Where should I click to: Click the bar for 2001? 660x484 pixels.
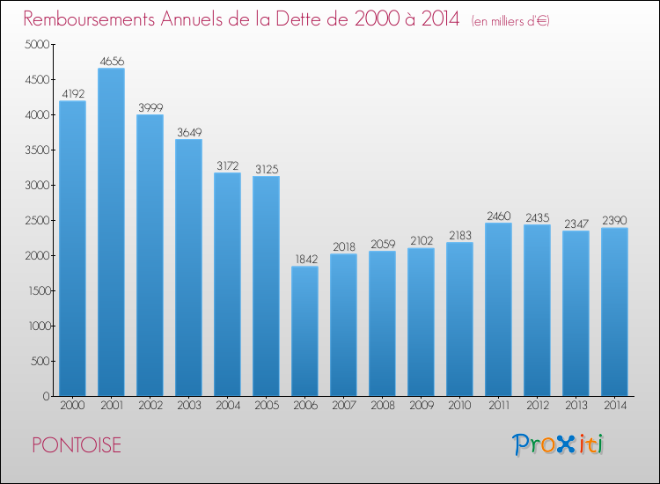[111, 232]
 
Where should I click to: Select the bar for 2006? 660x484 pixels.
[304, 331]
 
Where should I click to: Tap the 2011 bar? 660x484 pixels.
[498, 310]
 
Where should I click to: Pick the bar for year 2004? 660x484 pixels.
[227, 284]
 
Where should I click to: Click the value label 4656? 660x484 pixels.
[112, 62]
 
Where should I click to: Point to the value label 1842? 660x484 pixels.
[306, 260]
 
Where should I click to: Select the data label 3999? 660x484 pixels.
[150, 107]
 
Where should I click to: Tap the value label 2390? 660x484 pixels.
[614, 221]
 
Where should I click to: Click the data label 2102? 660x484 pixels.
[422, 241]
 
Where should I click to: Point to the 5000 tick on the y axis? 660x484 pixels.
[38, 44]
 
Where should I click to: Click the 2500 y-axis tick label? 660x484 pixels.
[38, 220]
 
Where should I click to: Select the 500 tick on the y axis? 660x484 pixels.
[40, 361]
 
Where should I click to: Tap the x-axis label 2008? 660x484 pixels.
[383, 406]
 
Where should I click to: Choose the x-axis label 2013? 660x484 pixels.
[576, 406]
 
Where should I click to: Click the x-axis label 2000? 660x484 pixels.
[72, 406]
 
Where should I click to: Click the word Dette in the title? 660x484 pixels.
[310, 19]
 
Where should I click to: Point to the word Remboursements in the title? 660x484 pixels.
[90, 19]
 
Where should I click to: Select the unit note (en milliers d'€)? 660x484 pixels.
[510, 21]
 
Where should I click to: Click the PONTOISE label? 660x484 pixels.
[77, 445]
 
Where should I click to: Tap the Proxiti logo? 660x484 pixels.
[558, 444]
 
